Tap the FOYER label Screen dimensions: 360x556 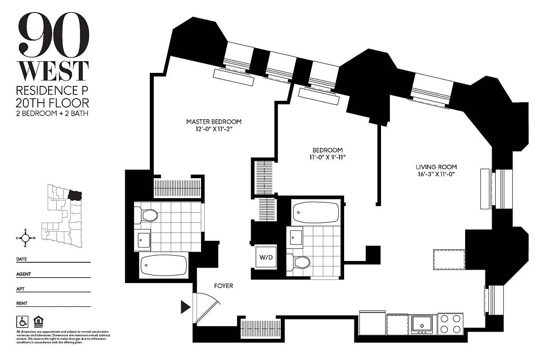pyautogui.click(x=223, y=286)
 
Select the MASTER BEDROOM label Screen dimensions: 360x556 pyautogui.click(x=214, y=121)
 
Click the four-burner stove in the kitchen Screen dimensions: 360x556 pyautogui.click(x=451, y=324)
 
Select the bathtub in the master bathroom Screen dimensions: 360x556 pyautogui.click(x=164, y=266)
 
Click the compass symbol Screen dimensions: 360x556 pyautogui.click(x=26, y=238)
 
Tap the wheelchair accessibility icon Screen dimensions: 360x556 pyautogui.click(x=21, y=321)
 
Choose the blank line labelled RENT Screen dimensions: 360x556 pyautogui.click(x=58, y=306)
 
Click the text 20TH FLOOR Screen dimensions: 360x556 pyautogui.click(x=53, y=102)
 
